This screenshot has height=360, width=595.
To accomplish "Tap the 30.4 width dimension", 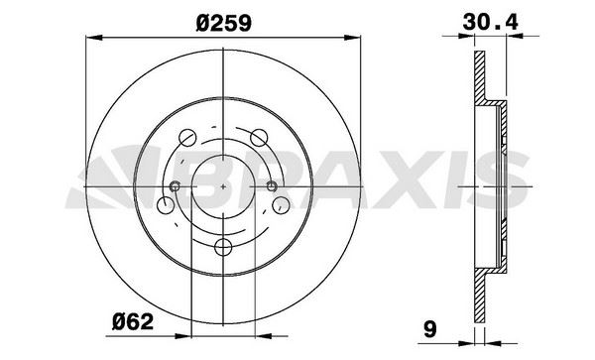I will coord(488,19).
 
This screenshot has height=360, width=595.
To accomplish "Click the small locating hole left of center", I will coord(177,187).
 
